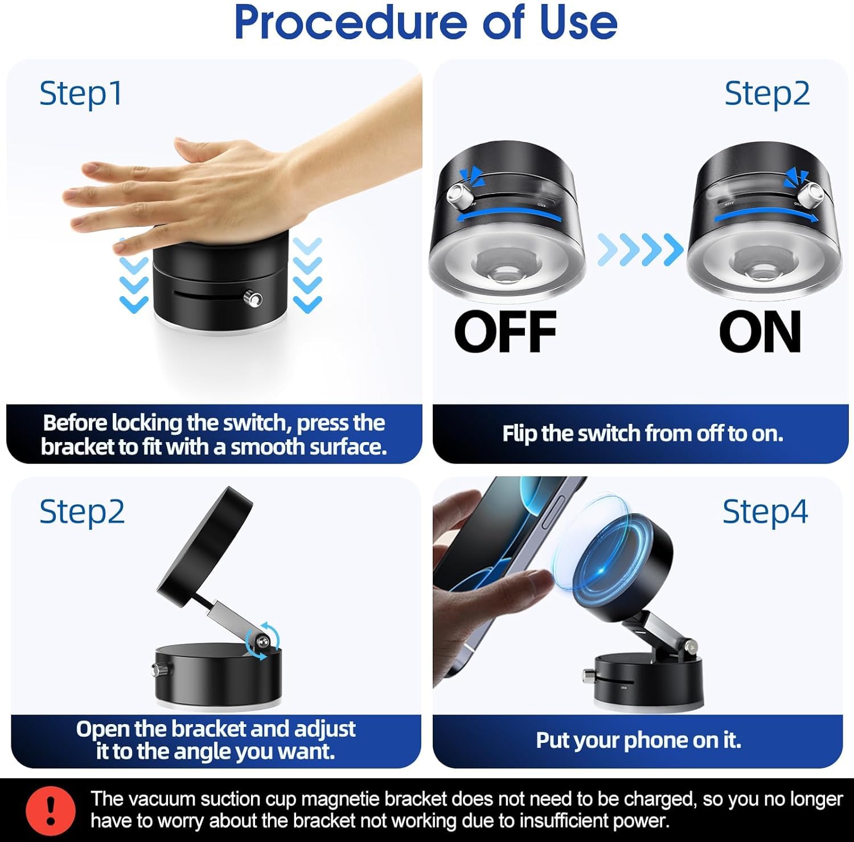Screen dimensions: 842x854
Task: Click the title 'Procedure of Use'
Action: [x=426, y=23]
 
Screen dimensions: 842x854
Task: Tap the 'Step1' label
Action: [x=81, y=93]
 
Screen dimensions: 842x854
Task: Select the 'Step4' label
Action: [x=765, y=512]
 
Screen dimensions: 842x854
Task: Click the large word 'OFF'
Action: [x=505, y=332]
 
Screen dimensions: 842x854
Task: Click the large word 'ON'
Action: [x=760, y=332]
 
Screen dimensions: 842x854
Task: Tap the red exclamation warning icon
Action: [x=51, y=810]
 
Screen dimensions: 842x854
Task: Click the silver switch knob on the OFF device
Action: [x=459, y=197]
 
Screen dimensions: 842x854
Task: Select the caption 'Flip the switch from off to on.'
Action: [x=642, y=434]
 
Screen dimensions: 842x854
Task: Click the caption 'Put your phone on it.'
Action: [x=638, y=740]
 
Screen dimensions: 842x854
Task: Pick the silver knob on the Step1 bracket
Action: [x=252, y=299]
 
